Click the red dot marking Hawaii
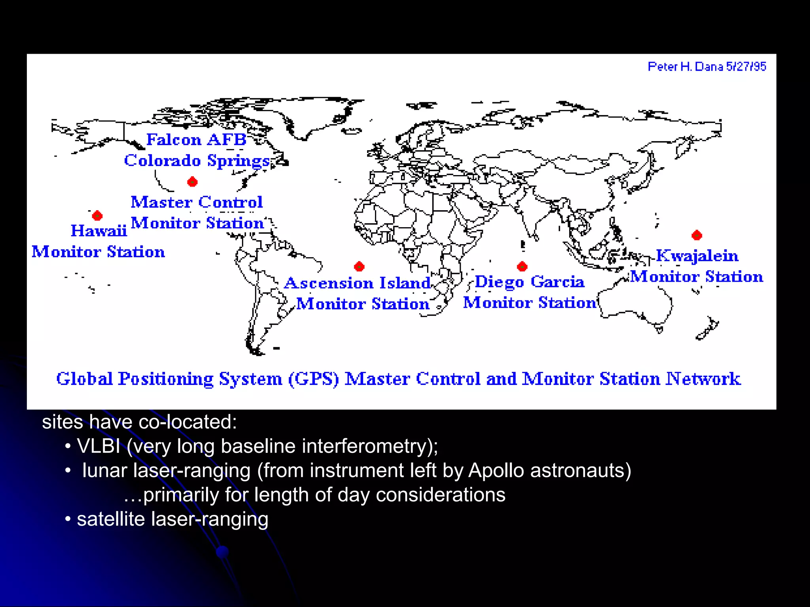(x=97, y=216)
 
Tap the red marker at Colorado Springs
(x=193, y=182)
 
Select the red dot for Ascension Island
(x=359, y=266)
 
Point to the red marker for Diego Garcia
(x=522, y=266)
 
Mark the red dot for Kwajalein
(x=697, y=236)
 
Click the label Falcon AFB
(x=196, y=139)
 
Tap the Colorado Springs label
(x=197, y=160)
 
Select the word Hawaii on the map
(x=99, y=231)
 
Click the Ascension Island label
(x=358, y=283)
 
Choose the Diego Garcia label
(x=529, y=282)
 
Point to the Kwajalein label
(x=697, y=256)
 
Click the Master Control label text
(x=197, y=202)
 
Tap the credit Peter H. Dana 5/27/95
(x=707, y=66)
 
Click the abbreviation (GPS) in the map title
(x=313, y=379)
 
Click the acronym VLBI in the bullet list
(x=98, y=446)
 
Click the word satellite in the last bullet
(x=111, y=519)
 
